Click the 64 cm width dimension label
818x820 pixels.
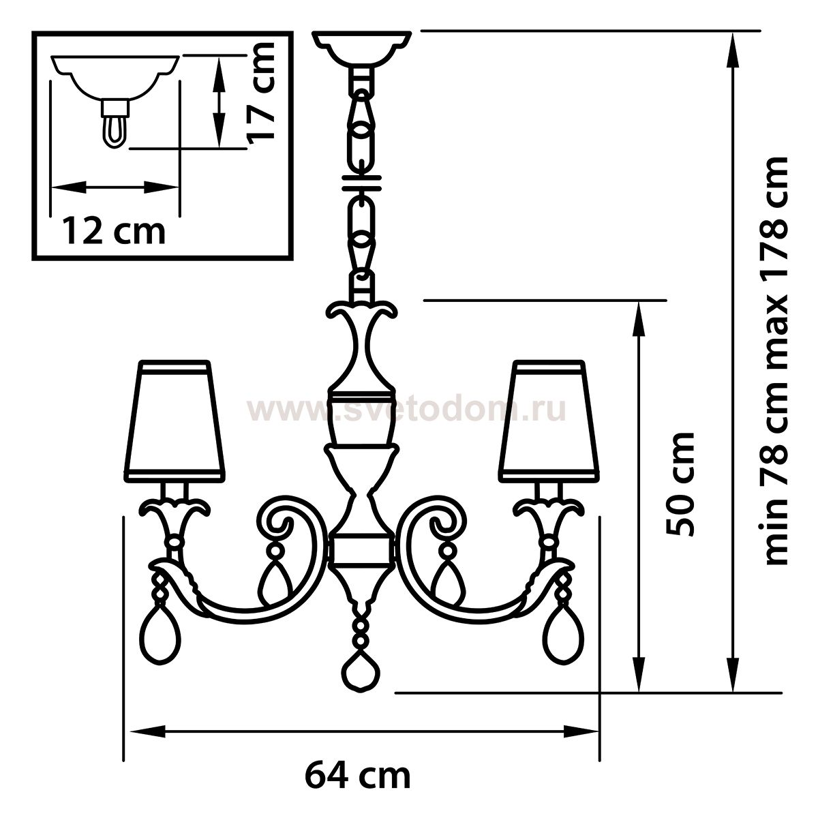tap(358, 776)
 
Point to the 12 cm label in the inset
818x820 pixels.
tap(115, 232)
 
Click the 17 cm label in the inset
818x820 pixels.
tap(261, 92)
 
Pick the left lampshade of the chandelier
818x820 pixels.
tap(175, 422)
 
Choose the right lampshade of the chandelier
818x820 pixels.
tap(549, 422)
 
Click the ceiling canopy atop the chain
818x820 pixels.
tap(362, 49)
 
